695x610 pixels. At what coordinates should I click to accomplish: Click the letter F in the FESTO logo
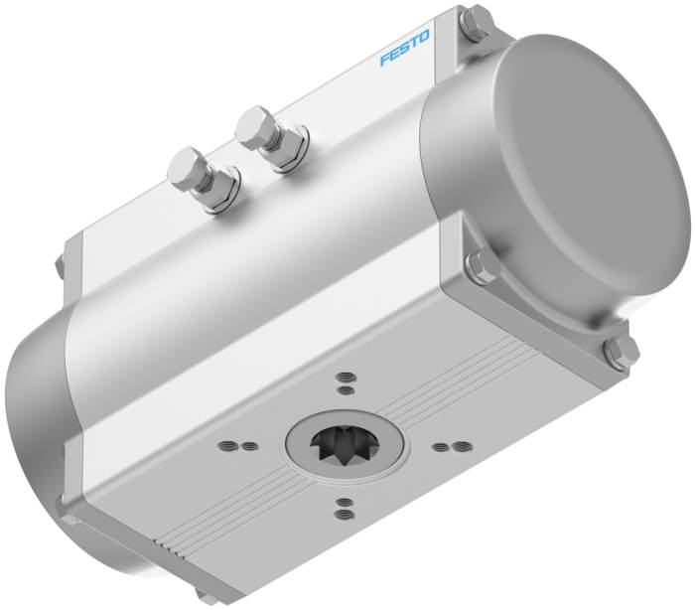[385, 61]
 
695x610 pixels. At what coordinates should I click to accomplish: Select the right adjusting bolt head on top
[255, 125]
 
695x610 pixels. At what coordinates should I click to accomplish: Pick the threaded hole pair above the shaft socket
[345, 381]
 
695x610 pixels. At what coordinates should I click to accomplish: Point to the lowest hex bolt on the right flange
[621, 352]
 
